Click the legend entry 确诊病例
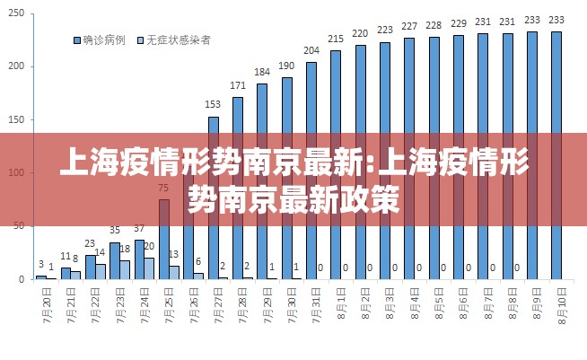102,40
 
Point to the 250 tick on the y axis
15,13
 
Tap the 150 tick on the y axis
15,119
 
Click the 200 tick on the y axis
15,66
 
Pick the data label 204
311,50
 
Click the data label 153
214,104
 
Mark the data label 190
286,66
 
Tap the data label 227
409,26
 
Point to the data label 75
163,188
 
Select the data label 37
139,228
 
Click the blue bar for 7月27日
214,198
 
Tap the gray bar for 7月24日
149,268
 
